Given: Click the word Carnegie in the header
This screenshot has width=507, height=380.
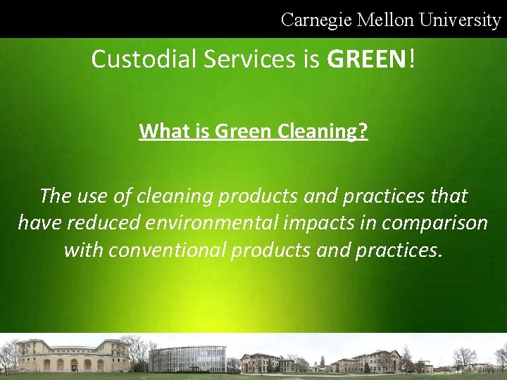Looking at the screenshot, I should (x=316, y=20).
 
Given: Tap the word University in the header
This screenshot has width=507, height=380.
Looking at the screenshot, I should (x=460, y=20).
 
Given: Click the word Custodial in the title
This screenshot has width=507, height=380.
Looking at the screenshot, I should (x=144, y=59).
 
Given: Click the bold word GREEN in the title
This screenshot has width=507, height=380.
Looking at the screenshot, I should (x=366, y=59).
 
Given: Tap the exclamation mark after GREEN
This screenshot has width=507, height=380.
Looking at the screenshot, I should (x=411, y=59).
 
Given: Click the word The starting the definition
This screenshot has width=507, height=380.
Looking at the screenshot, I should (x=56, y=196).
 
